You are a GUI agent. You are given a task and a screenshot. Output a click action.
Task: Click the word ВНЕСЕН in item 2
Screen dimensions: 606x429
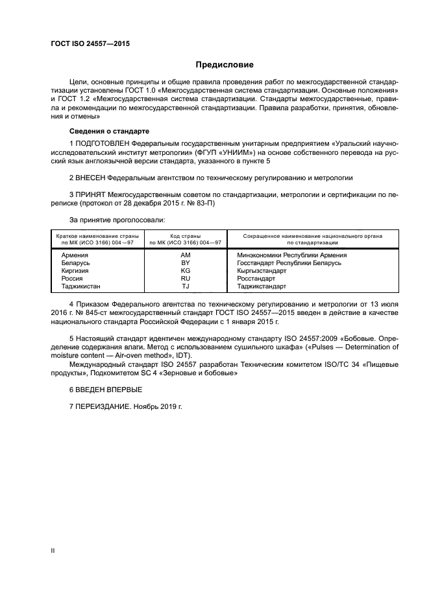tap(92, 177)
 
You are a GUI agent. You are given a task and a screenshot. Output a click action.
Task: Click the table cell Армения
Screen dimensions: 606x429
tap(75, 255)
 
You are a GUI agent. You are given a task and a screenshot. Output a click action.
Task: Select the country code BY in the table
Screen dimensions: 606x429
tap(185, 263)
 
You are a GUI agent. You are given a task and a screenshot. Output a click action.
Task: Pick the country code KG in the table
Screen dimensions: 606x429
tap(185, 270)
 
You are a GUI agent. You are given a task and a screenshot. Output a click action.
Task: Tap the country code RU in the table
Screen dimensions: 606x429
tap(185, 278)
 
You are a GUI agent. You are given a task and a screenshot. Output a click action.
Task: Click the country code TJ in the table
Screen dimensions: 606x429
tap(185, 286)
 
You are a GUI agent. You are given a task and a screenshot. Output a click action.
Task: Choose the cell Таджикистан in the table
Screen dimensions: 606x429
tap(81, 286)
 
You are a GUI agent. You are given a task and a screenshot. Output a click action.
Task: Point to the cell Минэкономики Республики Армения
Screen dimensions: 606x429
tap(291, 255)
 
